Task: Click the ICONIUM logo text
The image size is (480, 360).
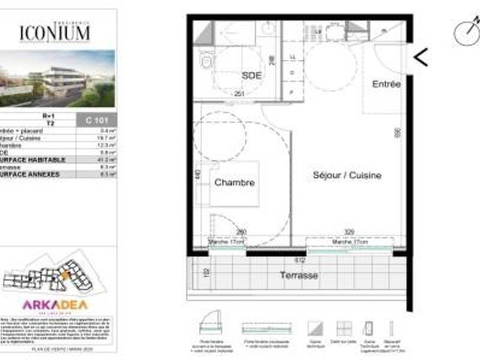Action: pos(55,32)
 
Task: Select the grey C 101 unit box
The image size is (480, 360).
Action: pos(97,121)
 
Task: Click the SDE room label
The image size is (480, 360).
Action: pos(252,76)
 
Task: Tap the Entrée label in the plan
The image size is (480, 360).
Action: pos(386,85)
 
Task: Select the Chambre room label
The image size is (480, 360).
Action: pos(235,182)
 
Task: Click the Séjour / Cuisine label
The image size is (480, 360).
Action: pos(347,175)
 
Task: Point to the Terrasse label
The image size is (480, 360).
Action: pos(299,275)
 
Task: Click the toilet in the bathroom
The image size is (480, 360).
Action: pos(207,61)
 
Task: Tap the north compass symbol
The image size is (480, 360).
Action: pos(467,32)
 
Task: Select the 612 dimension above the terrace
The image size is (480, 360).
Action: pos(300,260)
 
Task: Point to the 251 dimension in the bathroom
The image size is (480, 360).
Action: pos(239,94)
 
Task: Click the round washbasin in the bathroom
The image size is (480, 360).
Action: pos(268,28)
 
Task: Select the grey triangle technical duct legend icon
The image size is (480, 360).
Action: pos(315,328)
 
